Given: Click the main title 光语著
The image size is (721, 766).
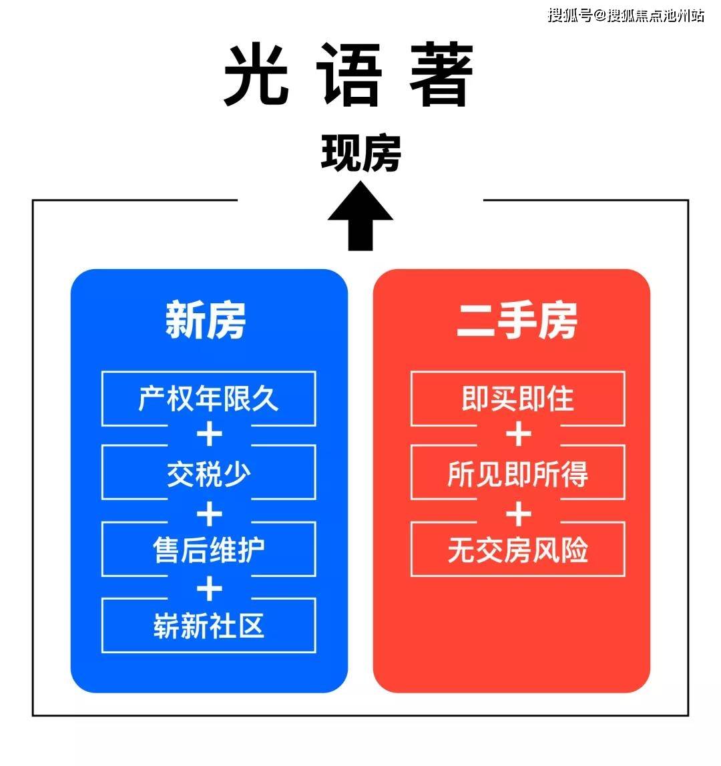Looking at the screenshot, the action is [x=348, y=74].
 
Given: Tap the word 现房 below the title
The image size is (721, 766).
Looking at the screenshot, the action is [x=361, y=153].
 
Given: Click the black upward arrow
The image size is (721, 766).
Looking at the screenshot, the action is [x=360, y=216].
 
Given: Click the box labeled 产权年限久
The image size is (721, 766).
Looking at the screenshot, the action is [x=208, y=399].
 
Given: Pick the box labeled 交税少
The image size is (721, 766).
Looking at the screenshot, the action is [x=208, y=473].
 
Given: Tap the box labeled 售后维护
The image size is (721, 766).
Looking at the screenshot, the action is [x=208, y=549].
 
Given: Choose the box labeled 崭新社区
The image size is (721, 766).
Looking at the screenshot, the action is [x=208, y=625].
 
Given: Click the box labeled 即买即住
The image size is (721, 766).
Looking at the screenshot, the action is [x=518, y=399].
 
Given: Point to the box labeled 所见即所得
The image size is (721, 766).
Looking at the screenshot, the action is [x=518, y=473].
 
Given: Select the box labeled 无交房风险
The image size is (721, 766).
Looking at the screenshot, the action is [x=518, y=549].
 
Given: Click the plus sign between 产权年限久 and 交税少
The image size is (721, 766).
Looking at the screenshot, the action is [x=210, y=435].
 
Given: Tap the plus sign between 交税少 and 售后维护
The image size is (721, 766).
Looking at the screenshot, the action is [x=210, y=514].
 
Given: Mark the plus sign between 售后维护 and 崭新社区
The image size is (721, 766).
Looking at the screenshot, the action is [x=210, y=588].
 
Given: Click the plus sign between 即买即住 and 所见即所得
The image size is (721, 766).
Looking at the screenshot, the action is [x=519, y=435].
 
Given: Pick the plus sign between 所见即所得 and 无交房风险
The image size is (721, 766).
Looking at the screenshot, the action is [x=519, y=514].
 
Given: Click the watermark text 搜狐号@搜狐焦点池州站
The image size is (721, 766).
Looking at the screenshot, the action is [x=626, y=15].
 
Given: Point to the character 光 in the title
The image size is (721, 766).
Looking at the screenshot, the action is [x=256, y=74].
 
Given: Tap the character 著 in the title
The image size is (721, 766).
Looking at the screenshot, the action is [x=441, y=74].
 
